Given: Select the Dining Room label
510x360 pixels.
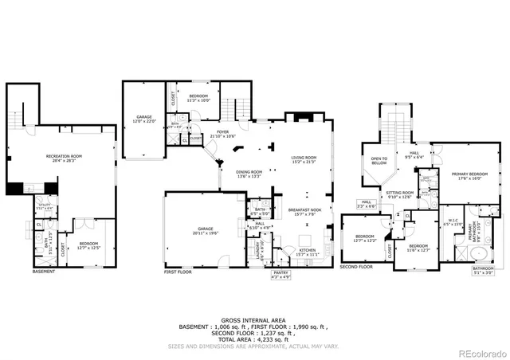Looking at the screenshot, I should click(249, 174).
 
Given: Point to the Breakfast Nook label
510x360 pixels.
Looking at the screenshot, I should click(304, 212).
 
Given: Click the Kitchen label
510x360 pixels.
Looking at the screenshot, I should click(306, 252).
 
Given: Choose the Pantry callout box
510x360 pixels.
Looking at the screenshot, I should click(283, 276).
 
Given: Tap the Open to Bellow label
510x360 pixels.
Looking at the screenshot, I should click(379, 162).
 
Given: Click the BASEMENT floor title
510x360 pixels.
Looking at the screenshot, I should click(45, 270).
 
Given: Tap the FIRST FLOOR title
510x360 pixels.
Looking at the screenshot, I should click(180, 272).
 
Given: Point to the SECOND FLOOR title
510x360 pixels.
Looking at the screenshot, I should click(356, 267).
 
